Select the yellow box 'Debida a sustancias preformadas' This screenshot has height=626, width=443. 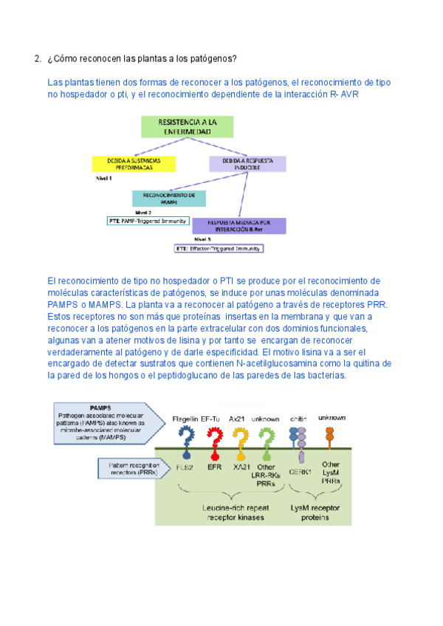pyautogui.click(x=134, y=164)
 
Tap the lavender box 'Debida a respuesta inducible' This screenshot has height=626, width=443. pyautogui.click(x=247, y=164)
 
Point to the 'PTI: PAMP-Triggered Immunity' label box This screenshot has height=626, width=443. pyautogui.click(x=148, y=220)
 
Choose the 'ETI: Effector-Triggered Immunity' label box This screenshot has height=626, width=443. pyautogui.click(x=219, y=249)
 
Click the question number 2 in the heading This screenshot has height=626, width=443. pyautogui.click(x=37, y=59)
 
